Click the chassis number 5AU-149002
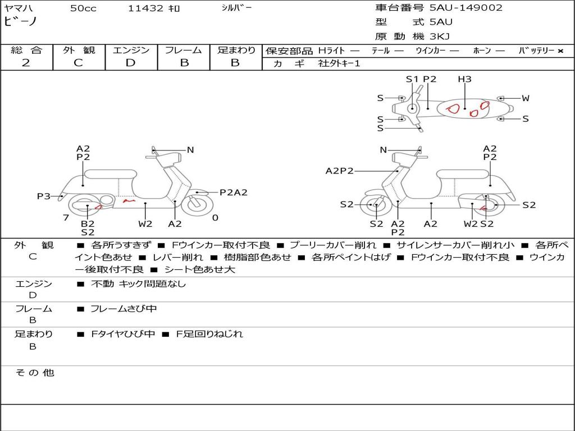click(x=466, y=8)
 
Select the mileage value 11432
click(x=145, y=8)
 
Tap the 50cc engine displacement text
click(x=82, y=8)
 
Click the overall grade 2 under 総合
click(x=26, y=63)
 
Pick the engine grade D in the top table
click(x=130, y=63)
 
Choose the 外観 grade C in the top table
click(x=78, y=63)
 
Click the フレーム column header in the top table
click(x=184, y=51)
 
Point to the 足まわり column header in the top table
click(x=236, y=51)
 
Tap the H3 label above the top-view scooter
click(x=464, y=79)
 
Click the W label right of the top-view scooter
click(x=525, y=98)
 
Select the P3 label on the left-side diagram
click(x=44, y=196)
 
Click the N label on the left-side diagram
click(x=190, y=150)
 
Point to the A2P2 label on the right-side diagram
click(x=339, y=171)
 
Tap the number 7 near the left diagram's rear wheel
click(x=66, y=218)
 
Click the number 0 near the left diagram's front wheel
click(x=215, y=218)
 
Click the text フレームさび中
click(x=124, y=309)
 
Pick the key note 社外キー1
click(x=339, y=63)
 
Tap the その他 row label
click(x=34, y=373)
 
